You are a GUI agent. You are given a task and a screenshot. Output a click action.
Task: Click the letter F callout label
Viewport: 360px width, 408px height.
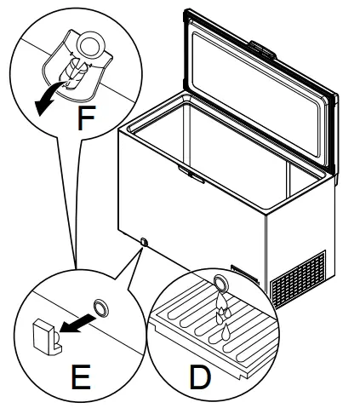pos(84,118)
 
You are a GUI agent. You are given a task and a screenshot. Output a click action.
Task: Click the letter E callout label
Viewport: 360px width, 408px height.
pos(80,376)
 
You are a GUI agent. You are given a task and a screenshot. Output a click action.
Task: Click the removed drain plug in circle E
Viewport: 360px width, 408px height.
pos(43,335)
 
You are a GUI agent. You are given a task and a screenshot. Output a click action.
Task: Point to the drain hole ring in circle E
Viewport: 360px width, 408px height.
pos(100,307)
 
